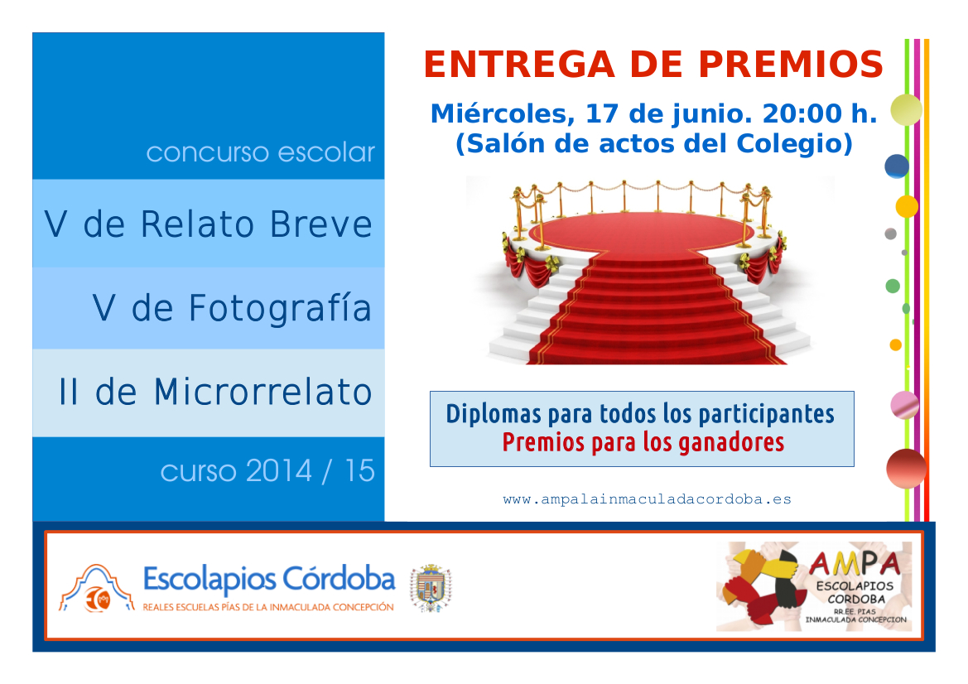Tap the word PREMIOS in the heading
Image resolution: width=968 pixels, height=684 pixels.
click(x=791, y=65)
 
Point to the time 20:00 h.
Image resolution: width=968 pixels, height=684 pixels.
click(x=819, y=113)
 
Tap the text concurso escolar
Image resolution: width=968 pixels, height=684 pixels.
click(x=261, y=152)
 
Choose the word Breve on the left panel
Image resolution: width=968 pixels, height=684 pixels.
click(x=321, y=224)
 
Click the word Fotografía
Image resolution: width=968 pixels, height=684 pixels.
click(x=280, y=308)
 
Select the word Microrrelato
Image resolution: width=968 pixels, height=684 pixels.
click(x=262, y=392)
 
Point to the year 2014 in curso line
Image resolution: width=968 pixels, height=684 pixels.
click(x=279, y=471)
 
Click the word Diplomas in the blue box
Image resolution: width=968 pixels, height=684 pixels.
click(x=494, y=414)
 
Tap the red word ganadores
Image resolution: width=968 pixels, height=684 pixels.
click(x=731, y=443)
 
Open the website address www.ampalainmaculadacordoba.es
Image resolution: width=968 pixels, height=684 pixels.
click(x=647, y=499)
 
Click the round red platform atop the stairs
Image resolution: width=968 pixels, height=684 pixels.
click(x=641, y=232)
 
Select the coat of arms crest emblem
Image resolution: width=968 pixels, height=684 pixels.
click(x=431, y=588)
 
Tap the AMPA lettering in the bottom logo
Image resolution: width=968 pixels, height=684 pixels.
click(x=855, y=563)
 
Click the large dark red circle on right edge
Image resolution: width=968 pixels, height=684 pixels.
click(x=906, y=469)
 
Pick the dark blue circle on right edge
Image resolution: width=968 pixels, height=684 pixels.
click(x=897, y=166)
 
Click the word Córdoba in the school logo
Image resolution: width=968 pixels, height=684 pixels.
click(x=339, y=579)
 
